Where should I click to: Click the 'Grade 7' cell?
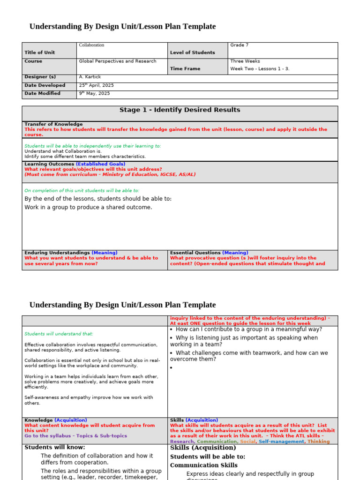click(239, 45)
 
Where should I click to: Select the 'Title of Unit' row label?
click(40, 52)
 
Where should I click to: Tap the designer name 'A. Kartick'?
click(90, 77)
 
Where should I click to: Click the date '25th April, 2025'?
click(96, 85)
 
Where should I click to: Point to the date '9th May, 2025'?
click(94, 93)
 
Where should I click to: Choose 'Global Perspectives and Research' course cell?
click(118, 61)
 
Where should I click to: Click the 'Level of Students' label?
click(192, 52)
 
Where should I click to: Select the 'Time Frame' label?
click(185, 68)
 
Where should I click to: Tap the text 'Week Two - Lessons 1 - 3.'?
click(260, 68)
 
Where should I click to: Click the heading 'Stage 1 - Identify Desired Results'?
click(180, 110)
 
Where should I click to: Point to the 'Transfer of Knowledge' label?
click(53, 124)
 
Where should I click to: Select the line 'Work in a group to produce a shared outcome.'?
click(88, 207)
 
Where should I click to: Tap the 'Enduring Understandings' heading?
click(57, 253)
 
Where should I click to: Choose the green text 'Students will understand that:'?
click(59, 334)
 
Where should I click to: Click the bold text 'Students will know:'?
click(55, 447)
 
